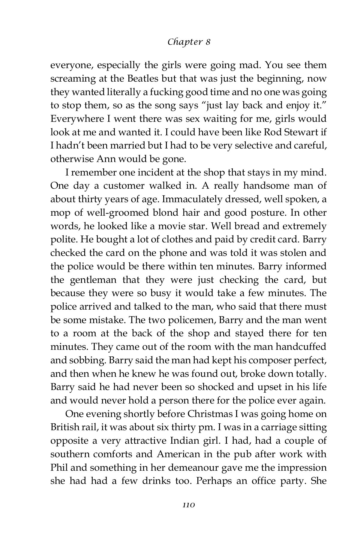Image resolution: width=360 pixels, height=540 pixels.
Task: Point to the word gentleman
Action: click(93, 280)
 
